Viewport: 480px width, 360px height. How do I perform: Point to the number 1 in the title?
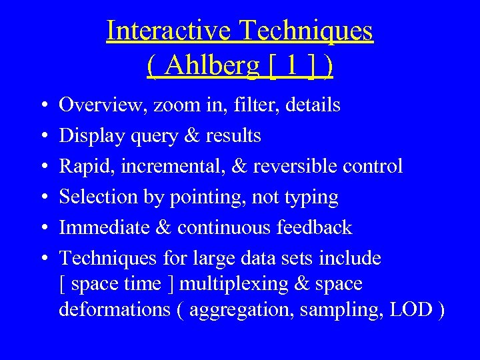point(291,65)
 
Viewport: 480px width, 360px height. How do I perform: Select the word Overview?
point(103,105)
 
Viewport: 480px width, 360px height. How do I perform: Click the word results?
point(233,135)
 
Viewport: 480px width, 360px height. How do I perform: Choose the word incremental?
point(170,166)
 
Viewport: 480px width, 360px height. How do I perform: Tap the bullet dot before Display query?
point(42,137)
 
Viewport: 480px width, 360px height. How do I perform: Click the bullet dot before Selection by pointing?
point(42,198)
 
